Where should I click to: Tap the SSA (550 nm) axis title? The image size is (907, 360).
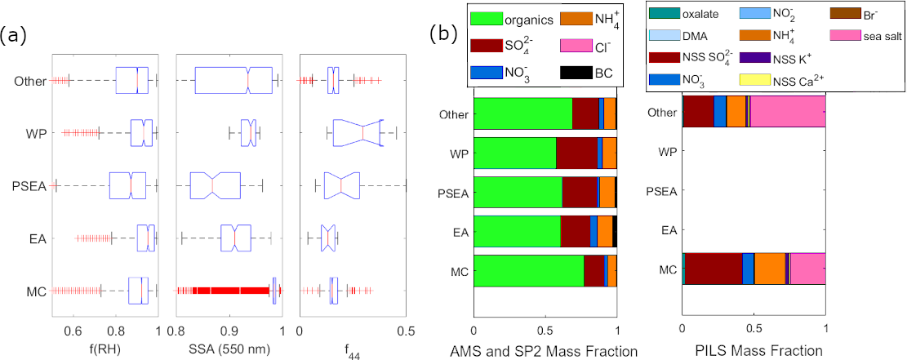click(x=229, y=350)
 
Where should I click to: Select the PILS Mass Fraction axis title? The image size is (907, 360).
click(x=754, y=350)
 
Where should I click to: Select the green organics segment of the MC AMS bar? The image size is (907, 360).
click(x=529, y=271)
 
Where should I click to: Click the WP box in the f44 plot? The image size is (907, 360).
click(x=356, y=133)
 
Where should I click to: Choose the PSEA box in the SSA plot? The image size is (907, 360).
click(x=215, y=185)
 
